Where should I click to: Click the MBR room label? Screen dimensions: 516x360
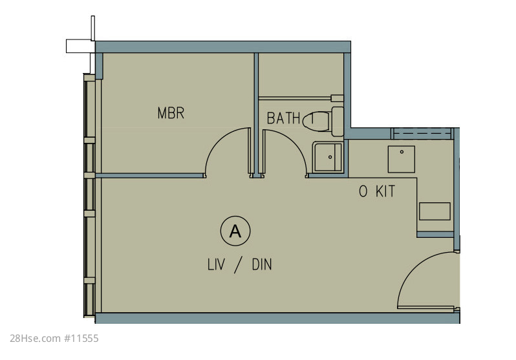tap(171, 113)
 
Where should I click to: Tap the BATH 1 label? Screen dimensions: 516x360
tap(290, 118)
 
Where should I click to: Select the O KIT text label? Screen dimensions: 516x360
tap(377, 191)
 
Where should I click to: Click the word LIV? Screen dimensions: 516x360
tap(216, 264)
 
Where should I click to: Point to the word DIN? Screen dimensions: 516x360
tap(262, 264)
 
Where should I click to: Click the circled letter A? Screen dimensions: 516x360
tap(235, 231)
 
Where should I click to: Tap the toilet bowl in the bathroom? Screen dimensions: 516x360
tap(316, 122)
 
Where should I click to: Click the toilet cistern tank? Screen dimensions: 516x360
tap(338, 122)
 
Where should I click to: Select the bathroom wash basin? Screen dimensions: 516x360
tap(328, 157)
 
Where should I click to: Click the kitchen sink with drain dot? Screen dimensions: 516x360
tap(401, 159)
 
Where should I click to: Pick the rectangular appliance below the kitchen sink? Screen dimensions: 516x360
tap(435, 211)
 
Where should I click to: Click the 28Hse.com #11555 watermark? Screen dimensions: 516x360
tap(54, 338)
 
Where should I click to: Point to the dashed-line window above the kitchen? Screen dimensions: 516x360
tap(422, 134)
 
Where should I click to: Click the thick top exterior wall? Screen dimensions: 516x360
tap(223, 47)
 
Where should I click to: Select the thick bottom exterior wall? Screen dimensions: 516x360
tap(277, 318)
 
